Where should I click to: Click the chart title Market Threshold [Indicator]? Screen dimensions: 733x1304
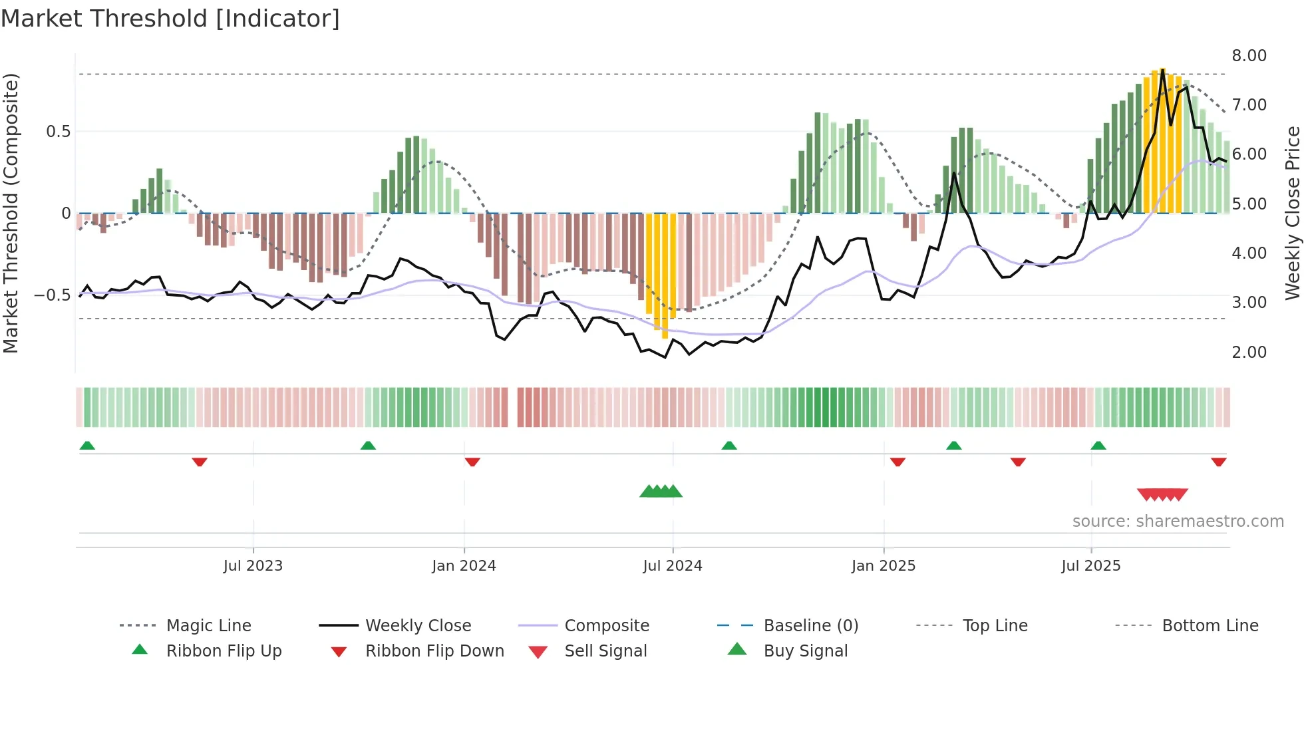170,19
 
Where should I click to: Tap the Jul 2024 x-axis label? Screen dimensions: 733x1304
672,566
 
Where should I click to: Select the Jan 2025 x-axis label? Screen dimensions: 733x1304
883,566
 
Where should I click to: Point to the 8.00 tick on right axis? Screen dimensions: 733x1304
1249,56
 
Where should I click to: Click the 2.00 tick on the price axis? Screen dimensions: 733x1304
1249,353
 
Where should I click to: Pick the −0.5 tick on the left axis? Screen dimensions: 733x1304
53,295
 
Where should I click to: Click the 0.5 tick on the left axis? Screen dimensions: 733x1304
58,132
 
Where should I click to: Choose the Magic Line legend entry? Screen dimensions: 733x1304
208,626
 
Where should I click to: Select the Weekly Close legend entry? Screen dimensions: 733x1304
418,626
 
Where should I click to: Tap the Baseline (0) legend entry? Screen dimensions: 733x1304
810,626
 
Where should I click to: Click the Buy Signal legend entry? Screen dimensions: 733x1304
805,651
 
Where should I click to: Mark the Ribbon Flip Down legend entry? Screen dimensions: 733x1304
434,651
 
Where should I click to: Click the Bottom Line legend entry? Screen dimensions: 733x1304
1210,626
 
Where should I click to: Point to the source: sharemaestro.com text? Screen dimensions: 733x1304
1178,521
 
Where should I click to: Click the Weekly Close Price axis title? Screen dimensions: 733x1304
1292,213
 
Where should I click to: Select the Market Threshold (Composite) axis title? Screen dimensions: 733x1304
11,213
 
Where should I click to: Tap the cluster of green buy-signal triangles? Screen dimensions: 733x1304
661,492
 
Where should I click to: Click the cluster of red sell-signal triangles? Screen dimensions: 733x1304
1162,495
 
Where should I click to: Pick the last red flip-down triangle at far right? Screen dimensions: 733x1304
1218,462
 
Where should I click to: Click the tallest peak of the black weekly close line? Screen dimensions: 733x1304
1162,70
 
